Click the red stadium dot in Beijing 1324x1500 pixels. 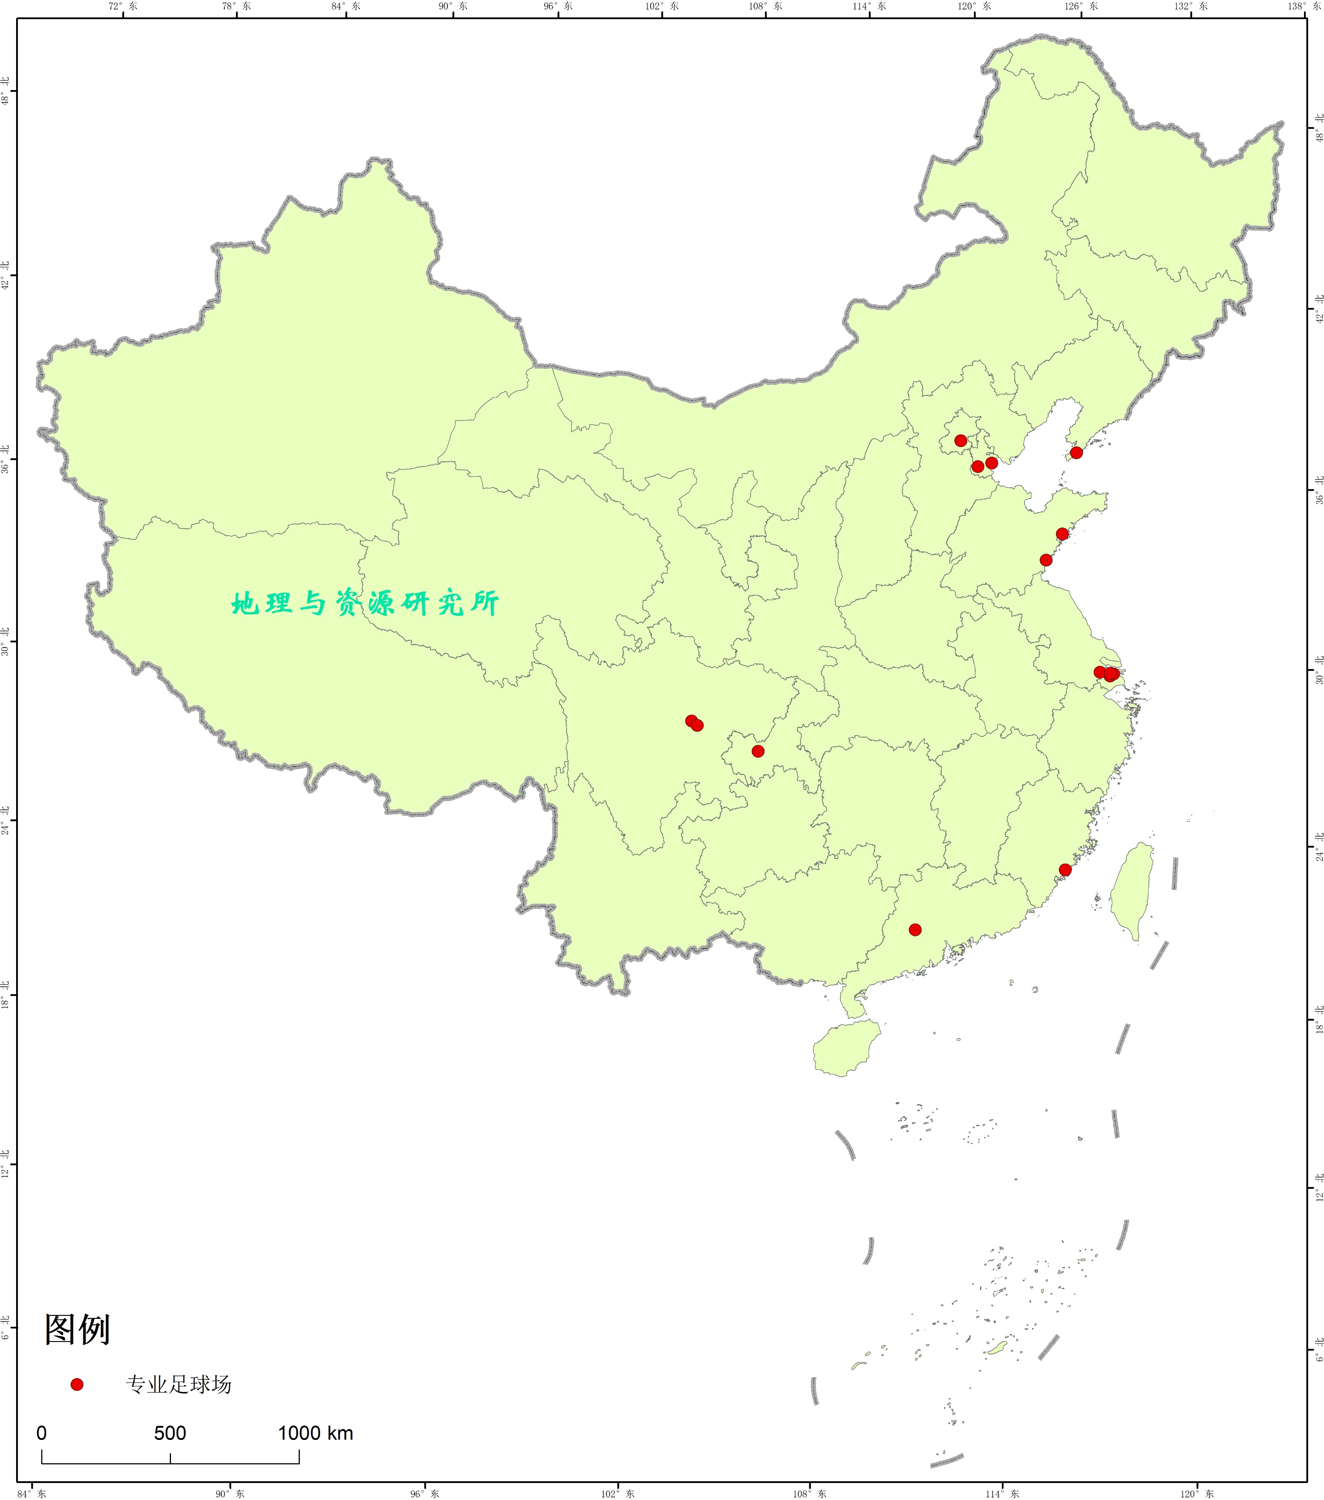click(960, 441)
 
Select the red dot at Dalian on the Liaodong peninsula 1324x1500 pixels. click(1076, 453)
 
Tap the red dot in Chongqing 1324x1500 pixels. click(758, 751)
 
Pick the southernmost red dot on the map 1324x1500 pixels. click(915, 930)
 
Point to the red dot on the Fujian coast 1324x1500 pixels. click(1065, 870)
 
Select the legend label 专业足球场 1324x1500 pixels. click(179, 1385)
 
